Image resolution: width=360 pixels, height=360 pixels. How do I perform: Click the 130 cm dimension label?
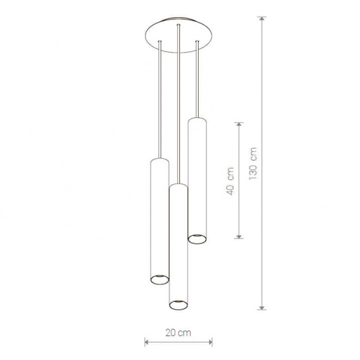pos(253,163)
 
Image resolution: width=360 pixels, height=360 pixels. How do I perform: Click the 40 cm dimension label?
pos(230,181)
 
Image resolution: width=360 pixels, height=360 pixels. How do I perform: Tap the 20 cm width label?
pos(178,332)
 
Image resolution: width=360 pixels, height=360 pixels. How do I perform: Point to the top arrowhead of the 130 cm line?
pos(262,19)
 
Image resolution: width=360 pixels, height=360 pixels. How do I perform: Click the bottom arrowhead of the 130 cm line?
pos(262,307)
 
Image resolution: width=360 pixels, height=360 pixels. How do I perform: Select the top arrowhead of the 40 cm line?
pos(239,125)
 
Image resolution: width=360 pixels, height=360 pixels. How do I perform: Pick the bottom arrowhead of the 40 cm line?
pos(239,236)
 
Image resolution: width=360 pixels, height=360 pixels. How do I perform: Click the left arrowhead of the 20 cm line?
pos(147,342)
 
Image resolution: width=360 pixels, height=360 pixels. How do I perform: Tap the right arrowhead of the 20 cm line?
pos(210,342)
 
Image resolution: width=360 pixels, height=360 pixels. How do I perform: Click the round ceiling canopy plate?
pos(178,35)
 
